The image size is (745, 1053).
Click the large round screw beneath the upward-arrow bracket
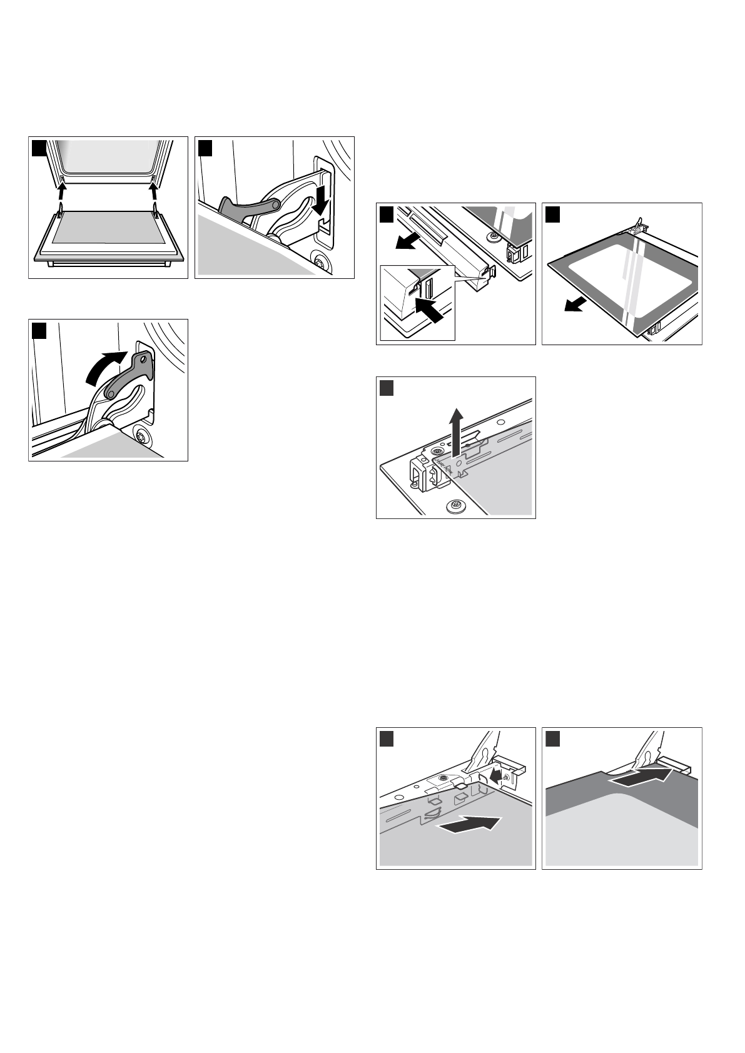click(455, 504)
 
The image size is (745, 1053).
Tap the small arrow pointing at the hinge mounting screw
click(496, 776)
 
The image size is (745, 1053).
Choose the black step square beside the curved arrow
click(39, 330)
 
